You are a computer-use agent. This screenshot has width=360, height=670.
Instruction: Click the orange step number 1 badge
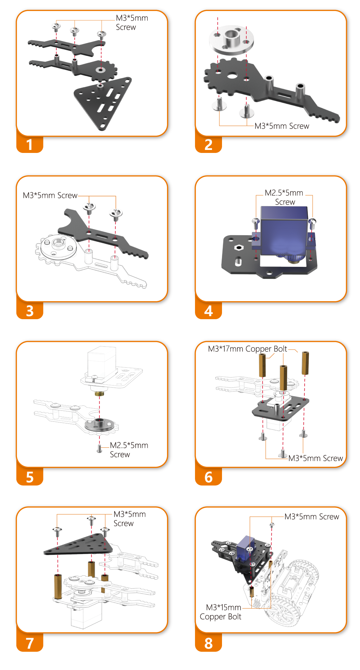tap(30, 145)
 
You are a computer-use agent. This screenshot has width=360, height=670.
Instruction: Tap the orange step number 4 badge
tap(208, 311)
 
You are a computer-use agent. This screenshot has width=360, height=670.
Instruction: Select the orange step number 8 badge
tap(208, 643)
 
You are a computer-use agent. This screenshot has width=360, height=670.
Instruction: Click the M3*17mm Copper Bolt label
tap(247, 349)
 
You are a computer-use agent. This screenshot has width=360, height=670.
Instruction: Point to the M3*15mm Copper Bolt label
tap(220, 612)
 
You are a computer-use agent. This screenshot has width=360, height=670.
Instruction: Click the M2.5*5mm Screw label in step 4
tap(284, 197)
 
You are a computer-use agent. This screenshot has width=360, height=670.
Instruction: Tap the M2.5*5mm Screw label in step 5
tap(129, 450)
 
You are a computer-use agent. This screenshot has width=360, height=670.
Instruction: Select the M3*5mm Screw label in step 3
tap(50, 195)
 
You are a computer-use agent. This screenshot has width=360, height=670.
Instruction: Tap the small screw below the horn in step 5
tap(99, 449)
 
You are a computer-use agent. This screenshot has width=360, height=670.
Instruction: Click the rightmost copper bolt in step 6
tap(305, 363)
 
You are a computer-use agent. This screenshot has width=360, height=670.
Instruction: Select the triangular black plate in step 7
tap(78, 544)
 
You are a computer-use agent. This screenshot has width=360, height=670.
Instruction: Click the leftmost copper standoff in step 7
tap(58, 586)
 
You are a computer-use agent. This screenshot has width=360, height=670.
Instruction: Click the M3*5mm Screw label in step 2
tap(282, 126)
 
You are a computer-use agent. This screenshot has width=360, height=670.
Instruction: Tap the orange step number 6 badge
tap(208, 477)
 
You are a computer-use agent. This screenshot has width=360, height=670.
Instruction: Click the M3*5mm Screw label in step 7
tap(130, 519)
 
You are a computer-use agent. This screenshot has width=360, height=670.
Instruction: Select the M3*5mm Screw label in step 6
tap(316, 458)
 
